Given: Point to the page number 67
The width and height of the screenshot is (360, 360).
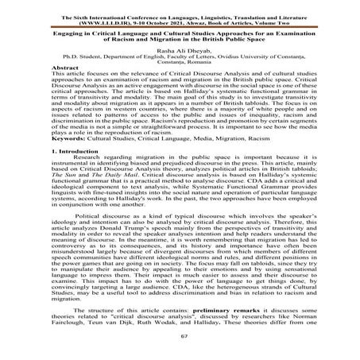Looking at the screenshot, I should (180, 337).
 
